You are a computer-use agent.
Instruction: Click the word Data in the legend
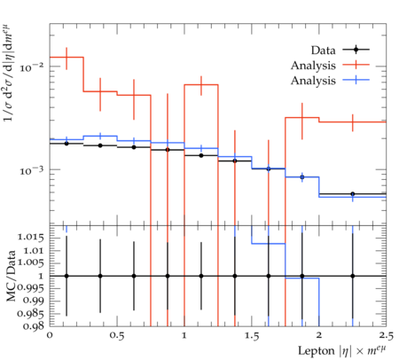323,51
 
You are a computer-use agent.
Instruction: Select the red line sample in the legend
356,64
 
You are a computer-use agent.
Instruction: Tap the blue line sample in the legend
356,80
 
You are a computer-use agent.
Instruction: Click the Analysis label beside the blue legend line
313,81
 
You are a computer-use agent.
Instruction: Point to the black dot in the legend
356,50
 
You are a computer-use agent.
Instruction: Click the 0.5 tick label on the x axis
117,336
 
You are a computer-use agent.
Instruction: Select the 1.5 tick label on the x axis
251,336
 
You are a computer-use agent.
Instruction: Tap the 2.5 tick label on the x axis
386,336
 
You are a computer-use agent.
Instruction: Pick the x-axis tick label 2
319,336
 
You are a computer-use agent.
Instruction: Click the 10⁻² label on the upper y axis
31,67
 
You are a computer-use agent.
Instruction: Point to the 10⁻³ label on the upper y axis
31,170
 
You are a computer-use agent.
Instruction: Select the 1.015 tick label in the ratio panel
31,238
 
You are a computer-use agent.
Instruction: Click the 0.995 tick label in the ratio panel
31,287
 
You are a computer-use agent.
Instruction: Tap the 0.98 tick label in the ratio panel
33,326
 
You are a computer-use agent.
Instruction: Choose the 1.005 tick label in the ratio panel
31,262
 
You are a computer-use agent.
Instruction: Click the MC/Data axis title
11,276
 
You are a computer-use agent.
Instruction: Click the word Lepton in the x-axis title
316,351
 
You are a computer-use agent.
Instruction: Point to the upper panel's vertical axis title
11,74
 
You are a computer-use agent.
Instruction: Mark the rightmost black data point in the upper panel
352,194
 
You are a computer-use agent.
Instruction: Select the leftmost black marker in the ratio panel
66,276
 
